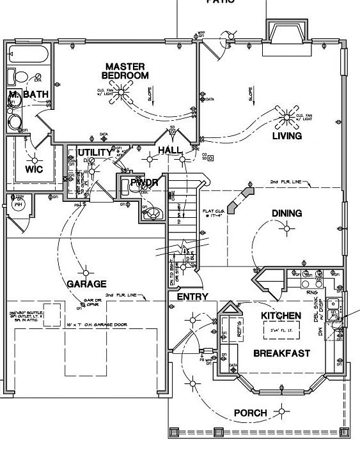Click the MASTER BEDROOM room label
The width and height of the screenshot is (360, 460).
tap(125, 71)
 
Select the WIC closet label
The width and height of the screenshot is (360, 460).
tap(34, 169)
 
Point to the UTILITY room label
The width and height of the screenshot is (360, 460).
tap(95, 152)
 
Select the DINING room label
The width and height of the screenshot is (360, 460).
tap(286, 213)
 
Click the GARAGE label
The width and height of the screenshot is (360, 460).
tap(86, 284)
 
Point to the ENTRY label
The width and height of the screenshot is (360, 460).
tap(192, 297)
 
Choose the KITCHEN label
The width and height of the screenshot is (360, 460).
tap(281, 316)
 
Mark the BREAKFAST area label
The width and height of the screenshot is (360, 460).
tap(281, 353)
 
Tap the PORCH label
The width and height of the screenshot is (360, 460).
tap(249, 413)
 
